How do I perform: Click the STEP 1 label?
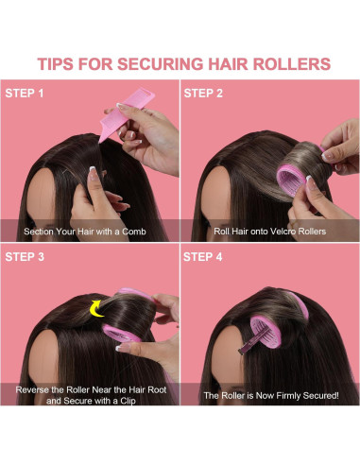(x=27, y=94)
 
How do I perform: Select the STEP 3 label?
(x=27, y=256)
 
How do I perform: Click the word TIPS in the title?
(x=58, y=64)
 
